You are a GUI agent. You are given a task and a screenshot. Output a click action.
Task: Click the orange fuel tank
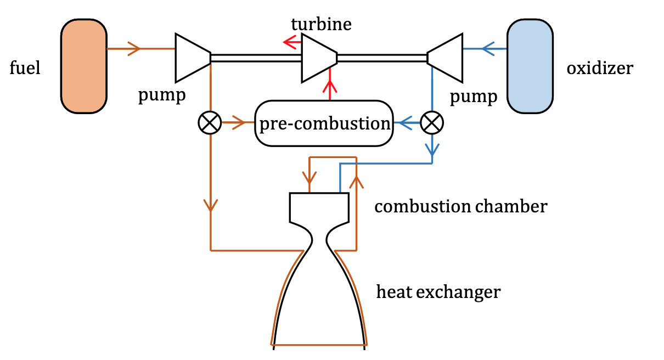(84, 66)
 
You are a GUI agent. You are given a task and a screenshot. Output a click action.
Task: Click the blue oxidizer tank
(530, 66)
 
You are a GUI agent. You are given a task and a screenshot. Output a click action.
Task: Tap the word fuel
(25, 69)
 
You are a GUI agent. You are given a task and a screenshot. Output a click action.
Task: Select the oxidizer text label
(599, 69)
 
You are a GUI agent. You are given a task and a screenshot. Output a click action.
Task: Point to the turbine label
(321, 24)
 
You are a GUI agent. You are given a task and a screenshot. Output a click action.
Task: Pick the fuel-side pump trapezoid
(193, 57)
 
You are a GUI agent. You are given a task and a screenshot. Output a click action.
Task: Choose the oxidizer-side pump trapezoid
(445, 57)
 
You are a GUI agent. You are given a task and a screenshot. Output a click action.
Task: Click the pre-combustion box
(324, 123)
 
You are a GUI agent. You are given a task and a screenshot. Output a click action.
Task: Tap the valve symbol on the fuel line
(209, 123)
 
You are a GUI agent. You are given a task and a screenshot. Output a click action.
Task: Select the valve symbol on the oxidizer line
(432, 123)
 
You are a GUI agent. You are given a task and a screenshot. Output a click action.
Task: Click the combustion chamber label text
(460, 207)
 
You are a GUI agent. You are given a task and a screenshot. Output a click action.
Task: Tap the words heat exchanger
(438, 292)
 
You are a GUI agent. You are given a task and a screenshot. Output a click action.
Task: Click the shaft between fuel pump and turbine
(256, 58)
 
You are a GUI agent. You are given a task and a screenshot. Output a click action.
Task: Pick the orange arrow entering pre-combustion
(238, 123)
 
